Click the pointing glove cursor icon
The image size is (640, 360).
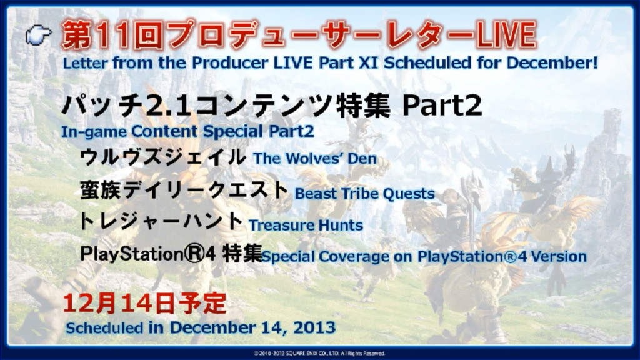point(38,35)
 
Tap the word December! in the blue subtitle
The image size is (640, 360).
point(552,62)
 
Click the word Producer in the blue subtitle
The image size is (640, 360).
point(230,62)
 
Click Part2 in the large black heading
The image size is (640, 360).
point(442,106)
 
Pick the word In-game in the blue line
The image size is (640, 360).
point(94,132)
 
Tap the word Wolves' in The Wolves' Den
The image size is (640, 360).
point(314,158)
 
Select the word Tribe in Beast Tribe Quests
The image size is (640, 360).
point(361,194)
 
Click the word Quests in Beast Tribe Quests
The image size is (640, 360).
point(409,194)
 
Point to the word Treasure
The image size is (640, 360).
point(282,225)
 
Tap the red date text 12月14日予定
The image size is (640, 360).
point(144,304)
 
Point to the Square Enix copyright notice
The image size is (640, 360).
point(319,354)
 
